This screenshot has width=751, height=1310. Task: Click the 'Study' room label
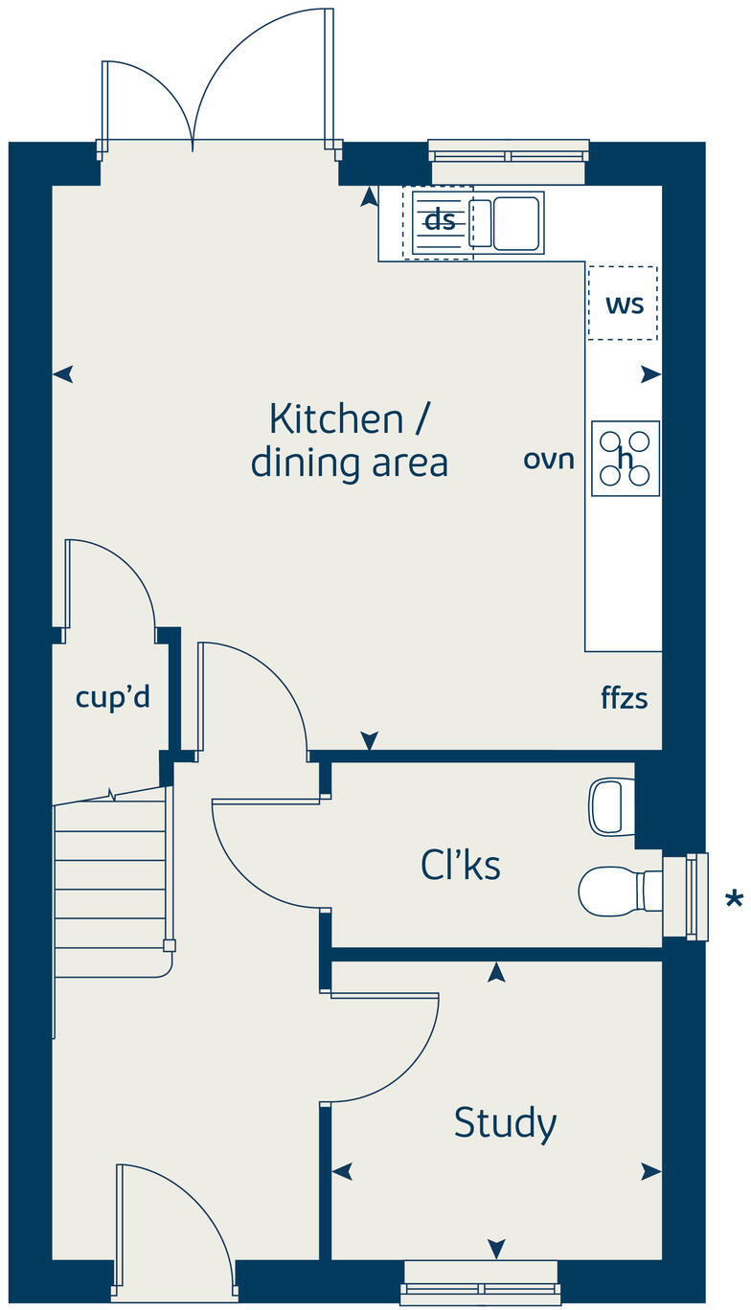pyautogui.click(x=505, y=1123)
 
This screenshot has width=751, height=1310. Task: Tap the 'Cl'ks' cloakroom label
pyautogui.click(x=461, y=865)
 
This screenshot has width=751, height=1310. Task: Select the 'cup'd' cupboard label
pyautogui.click(x=112, y=696)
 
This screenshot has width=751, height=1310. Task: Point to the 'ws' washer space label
pyautogui.click(x=625, y=305)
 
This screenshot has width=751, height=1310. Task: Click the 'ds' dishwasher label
pyautogui.click(x=440, y=220)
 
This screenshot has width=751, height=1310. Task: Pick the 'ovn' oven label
pyautogui.click(x=549, y=460)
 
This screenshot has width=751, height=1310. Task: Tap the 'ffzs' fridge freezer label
pyautogui.click(x=625, y=698)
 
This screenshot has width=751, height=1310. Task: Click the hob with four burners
pyautogui.click(x=626, y=459)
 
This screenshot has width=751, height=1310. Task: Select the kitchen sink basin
pyautogui.click(x=516, y=223)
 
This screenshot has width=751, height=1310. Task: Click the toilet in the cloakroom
pyautogui.click(x=620, y=892)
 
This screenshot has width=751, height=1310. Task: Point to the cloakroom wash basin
pyautogui.click(x=611, y=807)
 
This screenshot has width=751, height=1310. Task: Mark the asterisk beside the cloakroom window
pyautogui.click(x=734, y=899)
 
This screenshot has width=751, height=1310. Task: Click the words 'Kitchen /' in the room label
pyautogui.click(x=350, y=418)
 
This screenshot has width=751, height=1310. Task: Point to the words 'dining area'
pyautogui.click(x=350, y=463)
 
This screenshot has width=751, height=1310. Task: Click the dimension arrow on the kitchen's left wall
pyautogui.click(x=63, y=373)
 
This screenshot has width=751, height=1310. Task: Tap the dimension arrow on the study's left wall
pyautogui.click(x=342, y=1171)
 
